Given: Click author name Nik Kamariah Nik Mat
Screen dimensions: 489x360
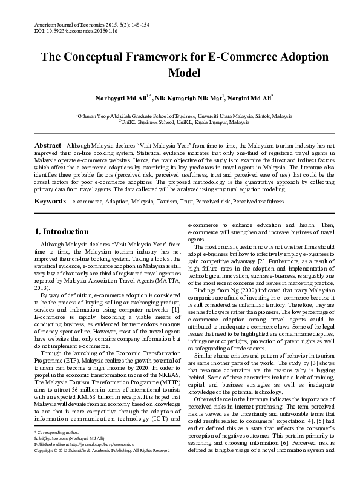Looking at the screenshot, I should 189,97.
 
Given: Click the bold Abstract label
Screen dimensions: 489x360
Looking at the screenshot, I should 48,146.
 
